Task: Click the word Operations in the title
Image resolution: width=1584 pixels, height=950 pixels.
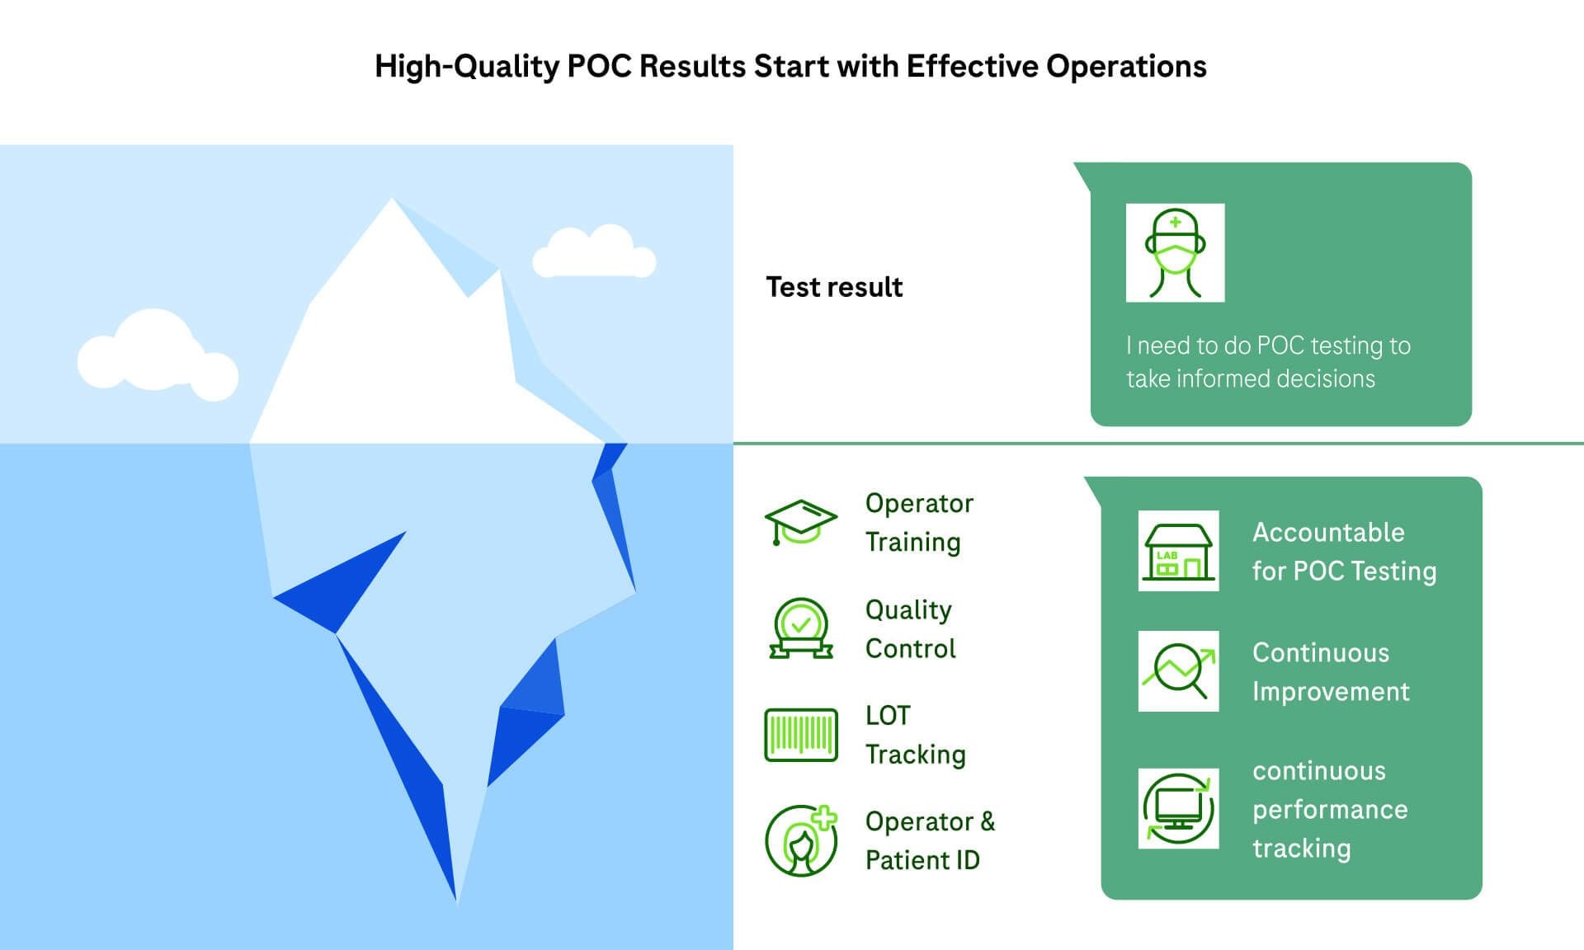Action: (1126, 67)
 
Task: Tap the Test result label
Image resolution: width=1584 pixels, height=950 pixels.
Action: (834, 287)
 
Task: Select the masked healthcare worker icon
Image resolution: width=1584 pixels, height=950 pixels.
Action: (1175, 253)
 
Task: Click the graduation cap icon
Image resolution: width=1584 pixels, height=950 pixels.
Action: (800, 521)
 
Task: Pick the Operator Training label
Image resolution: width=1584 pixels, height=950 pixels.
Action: (918, 522)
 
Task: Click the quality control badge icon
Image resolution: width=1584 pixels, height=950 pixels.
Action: (800, 628)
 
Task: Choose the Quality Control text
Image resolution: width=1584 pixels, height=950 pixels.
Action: (910, 628)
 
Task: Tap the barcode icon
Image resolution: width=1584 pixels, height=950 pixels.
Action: (800, 735)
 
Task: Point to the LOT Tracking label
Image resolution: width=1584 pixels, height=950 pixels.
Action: (915, 735)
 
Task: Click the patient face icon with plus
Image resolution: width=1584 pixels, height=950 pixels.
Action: (800, 840)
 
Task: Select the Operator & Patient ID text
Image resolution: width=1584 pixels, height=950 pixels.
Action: (930, 840)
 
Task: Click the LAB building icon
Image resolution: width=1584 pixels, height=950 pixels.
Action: (1178, 551)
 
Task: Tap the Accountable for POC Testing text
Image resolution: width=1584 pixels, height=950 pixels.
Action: (1343, 551)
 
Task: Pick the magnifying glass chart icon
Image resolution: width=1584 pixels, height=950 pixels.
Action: (1178, 671)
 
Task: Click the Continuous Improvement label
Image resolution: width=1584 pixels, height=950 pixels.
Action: (1330, 671)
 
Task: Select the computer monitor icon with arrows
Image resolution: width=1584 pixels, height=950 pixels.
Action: (1178, 808)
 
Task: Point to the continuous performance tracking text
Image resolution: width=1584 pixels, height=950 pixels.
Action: (1329, 809)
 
